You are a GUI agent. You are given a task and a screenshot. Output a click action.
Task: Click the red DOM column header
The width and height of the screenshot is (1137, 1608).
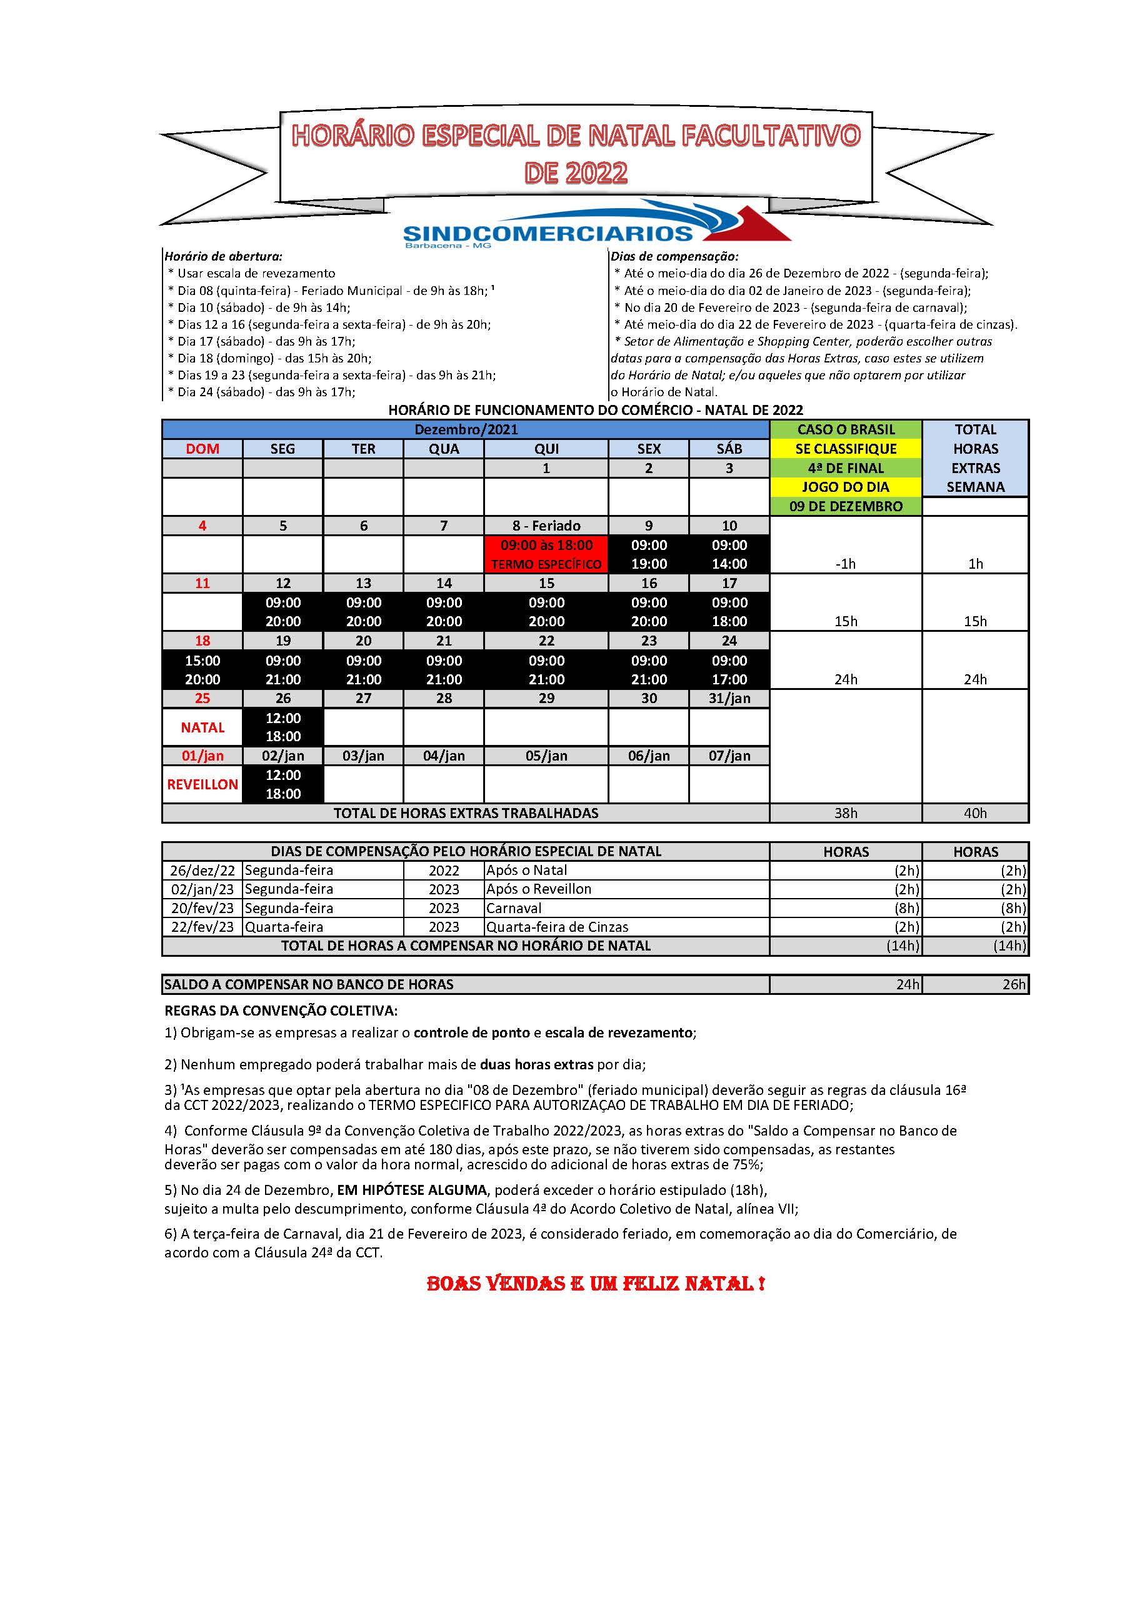pos(203,449)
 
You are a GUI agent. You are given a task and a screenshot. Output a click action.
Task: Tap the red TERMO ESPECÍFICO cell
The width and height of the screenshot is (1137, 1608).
pos(546,564)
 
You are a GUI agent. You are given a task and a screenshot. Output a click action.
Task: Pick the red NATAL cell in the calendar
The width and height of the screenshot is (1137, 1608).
pos(203,727)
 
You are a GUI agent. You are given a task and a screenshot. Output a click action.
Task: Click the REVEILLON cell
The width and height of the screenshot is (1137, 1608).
pos(203,784)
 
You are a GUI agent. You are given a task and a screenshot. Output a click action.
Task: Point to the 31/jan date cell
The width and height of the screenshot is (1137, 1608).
pos(729,698)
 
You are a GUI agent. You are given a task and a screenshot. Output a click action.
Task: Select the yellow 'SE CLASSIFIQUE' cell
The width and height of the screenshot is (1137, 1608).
pos(846,449)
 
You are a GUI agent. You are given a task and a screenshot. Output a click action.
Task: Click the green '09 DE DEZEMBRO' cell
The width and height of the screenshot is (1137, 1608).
pos(846,506)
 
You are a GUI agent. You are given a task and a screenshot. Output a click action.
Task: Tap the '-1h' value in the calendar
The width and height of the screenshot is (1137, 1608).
pos(846,564)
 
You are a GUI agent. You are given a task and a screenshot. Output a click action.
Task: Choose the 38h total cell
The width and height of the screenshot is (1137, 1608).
pos(846,813)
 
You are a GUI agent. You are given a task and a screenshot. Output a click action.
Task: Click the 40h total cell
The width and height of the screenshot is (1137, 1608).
pos(975,813)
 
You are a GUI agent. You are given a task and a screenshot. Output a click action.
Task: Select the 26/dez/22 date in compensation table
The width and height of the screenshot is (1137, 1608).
pos(203,871)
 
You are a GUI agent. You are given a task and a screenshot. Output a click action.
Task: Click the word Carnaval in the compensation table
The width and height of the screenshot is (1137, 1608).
pos(514,908)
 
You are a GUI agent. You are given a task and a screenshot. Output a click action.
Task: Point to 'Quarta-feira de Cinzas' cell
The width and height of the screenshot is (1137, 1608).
pos(558,927)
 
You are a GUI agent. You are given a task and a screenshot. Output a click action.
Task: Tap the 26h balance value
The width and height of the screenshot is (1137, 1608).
pos(1013,985)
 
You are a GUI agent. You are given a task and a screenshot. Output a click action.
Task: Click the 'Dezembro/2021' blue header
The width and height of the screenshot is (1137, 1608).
pos(466,429)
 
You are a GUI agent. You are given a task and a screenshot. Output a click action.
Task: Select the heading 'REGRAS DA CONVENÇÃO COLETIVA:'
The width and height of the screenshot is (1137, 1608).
pos(281,1011)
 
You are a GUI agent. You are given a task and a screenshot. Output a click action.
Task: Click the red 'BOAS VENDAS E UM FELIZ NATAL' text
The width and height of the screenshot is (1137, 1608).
pos(596,1284)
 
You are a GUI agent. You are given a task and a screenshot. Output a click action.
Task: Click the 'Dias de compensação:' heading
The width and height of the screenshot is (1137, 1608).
pos(674,256)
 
